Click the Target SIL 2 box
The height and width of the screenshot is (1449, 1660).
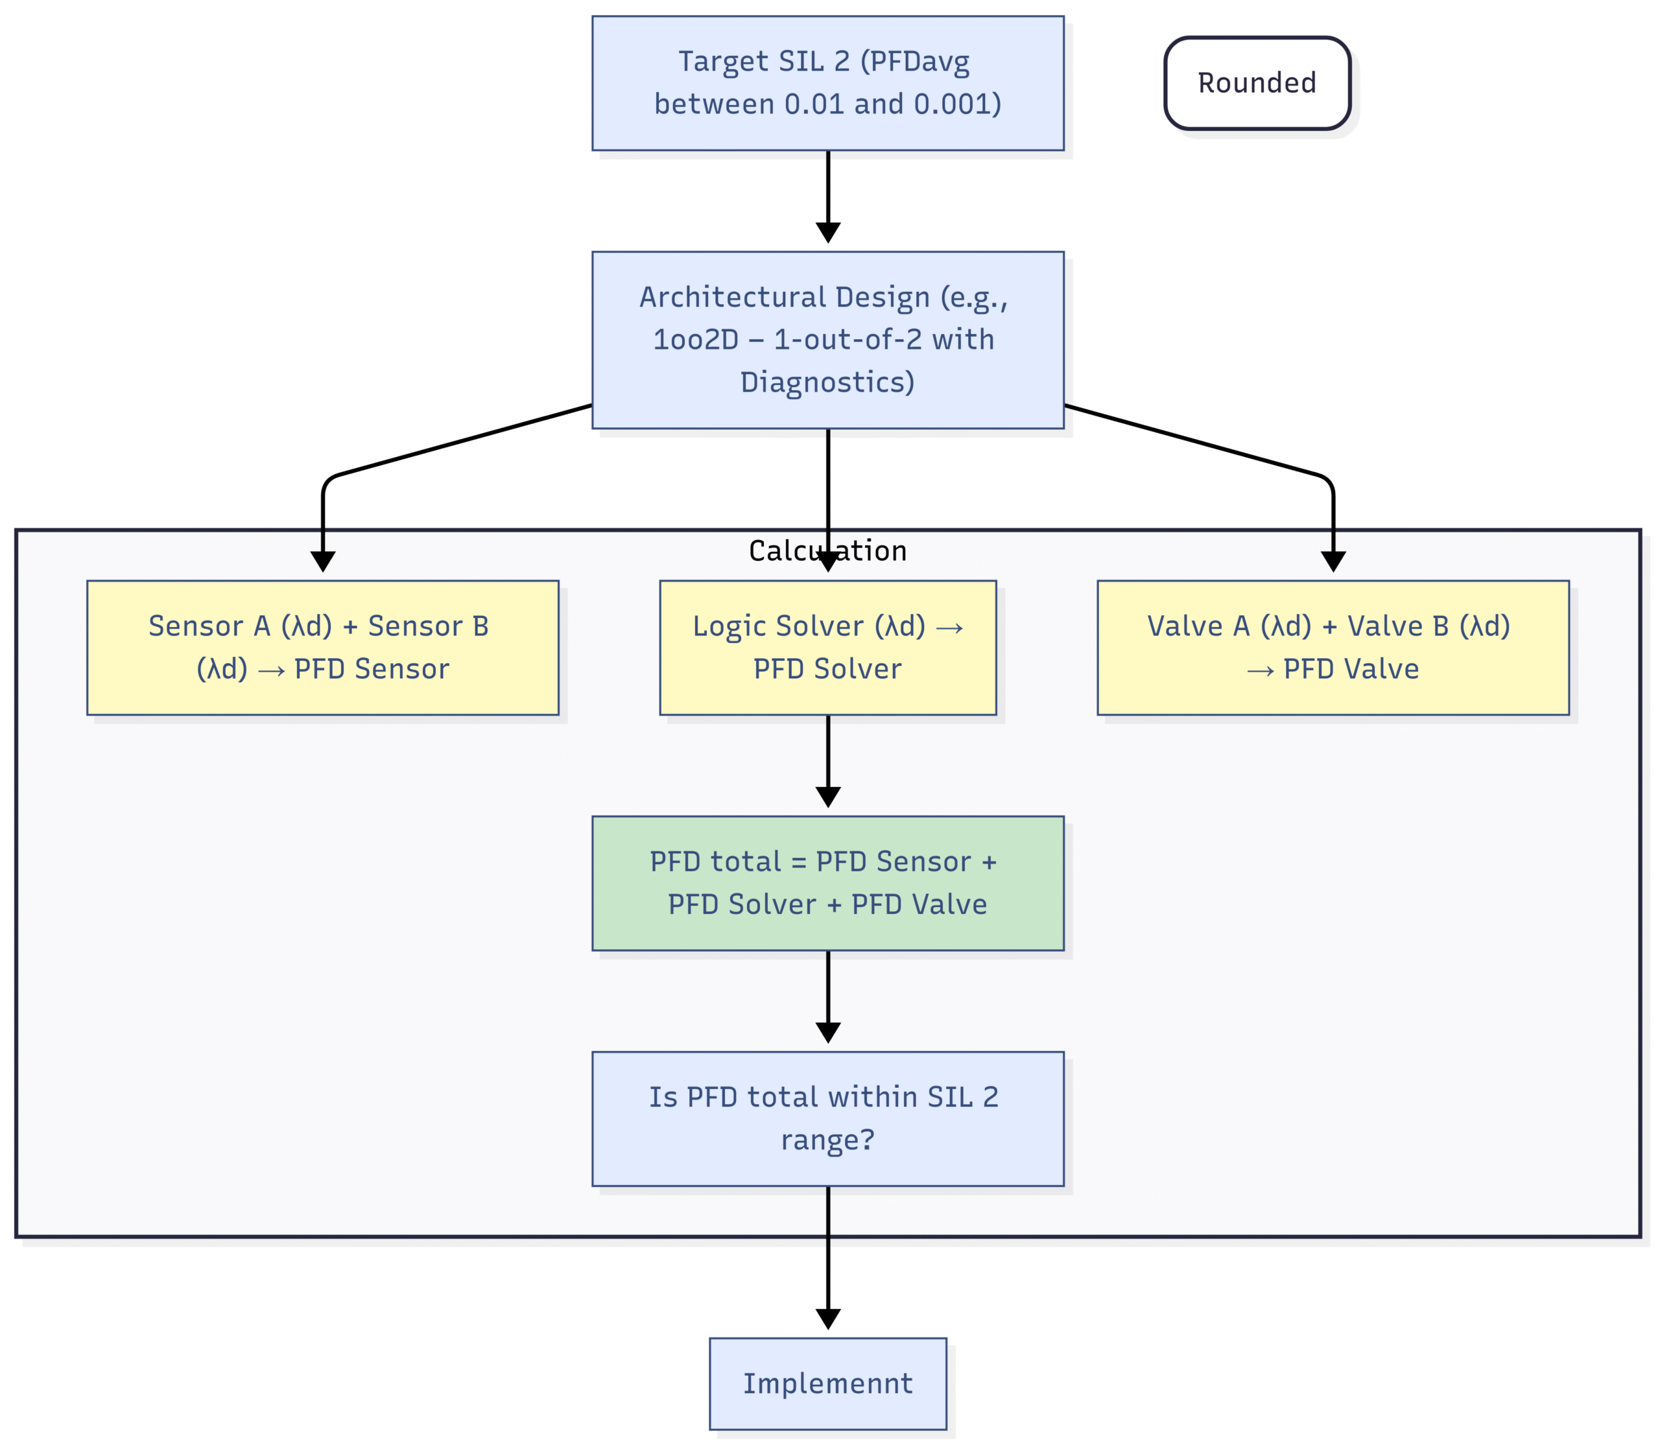pyautogui.click(x=827, y=83)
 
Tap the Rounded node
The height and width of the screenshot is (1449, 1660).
pyautogui.click(x=1257, y=83)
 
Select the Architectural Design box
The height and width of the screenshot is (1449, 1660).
pyautogui.click(x=827, y=340)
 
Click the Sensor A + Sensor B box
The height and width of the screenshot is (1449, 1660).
pyautogui.click(x=323, y=648)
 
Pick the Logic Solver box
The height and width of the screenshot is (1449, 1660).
pyautogui.click(x=827, y=648)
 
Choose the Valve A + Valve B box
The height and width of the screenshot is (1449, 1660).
pyautogui.click(x=1333, y=648)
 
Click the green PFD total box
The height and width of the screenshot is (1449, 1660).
pyautogui.click(x=827, y=883)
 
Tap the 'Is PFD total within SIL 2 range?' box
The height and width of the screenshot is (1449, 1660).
pyautogui.click(x=827, y=1118)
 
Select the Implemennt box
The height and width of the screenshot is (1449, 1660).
pyautogui.click(x=827, y=1384)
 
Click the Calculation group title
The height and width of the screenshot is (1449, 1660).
pyautogui.click(x=827, y=550)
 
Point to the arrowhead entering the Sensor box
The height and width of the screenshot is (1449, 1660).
pyautogui.click(x=323, y=563)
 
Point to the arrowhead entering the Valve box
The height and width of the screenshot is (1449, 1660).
pyautogui.click(x=1333, y=563)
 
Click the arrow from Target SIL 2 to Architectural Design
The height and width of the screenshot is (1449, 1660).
pyautogui.click(x=827, y=196)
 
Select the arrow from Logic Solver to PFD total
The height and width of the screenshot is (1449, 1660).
pyautogui.click(x=827, y=761)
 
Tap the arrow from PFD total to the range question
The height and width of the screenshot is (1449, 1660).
pyautogui.click(x=827, y=997)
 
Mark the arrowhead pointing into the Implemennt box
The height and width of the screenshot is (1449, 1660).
pyautogui.click(x=827, y=1319)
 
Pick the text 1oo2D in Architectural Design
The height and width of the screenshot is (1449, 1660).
pyautogui.click(x=695, y=340)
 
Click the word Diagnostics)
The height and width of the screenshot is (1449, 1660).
pyautogui.click(x=827, y=383)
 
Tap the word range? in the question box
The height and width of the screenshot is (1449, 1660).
pyautogui.click(x=827, y=1140)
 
